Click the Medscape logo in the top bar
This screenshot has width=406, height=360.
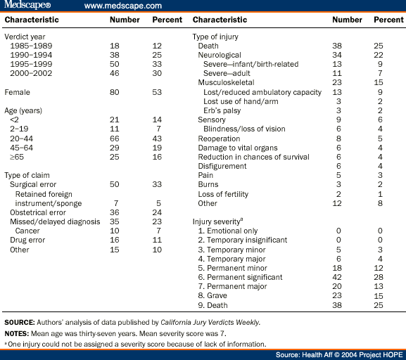pyautogui.click(x=26, y=6)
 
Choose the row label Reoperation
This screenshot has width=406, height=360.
pyautogui.click(x=219, y=120)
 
